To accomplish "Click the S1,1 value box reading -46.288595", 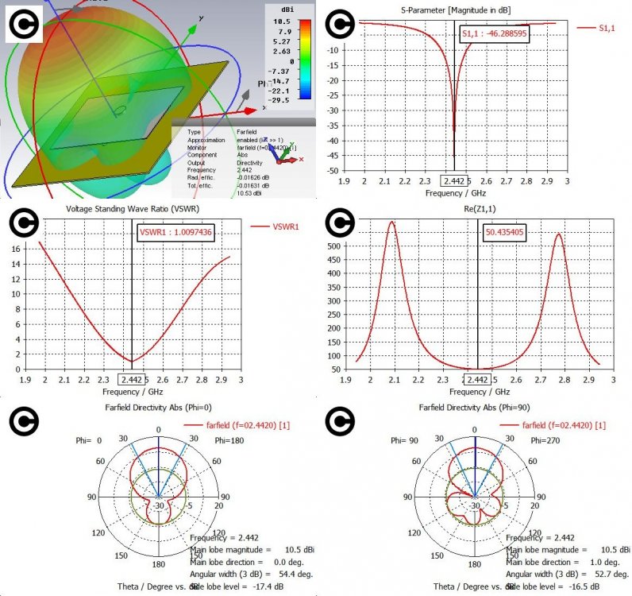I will [x=493, y=36].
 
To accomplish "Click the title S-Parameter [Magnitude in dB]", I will [x=465, y=9].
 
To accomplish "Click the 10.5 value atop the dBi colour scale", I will [x=283, y=21].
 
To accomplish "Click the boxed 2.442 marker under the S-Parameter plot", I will [x=454, y=181].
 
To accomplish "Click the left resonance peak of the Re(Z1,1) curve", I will [x=391, y=223].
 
